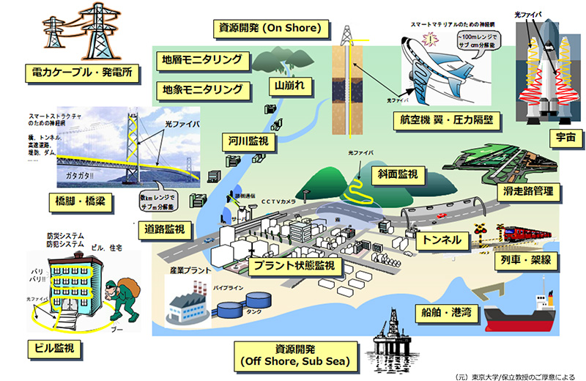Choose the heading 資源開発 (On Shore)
[268, 29]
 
